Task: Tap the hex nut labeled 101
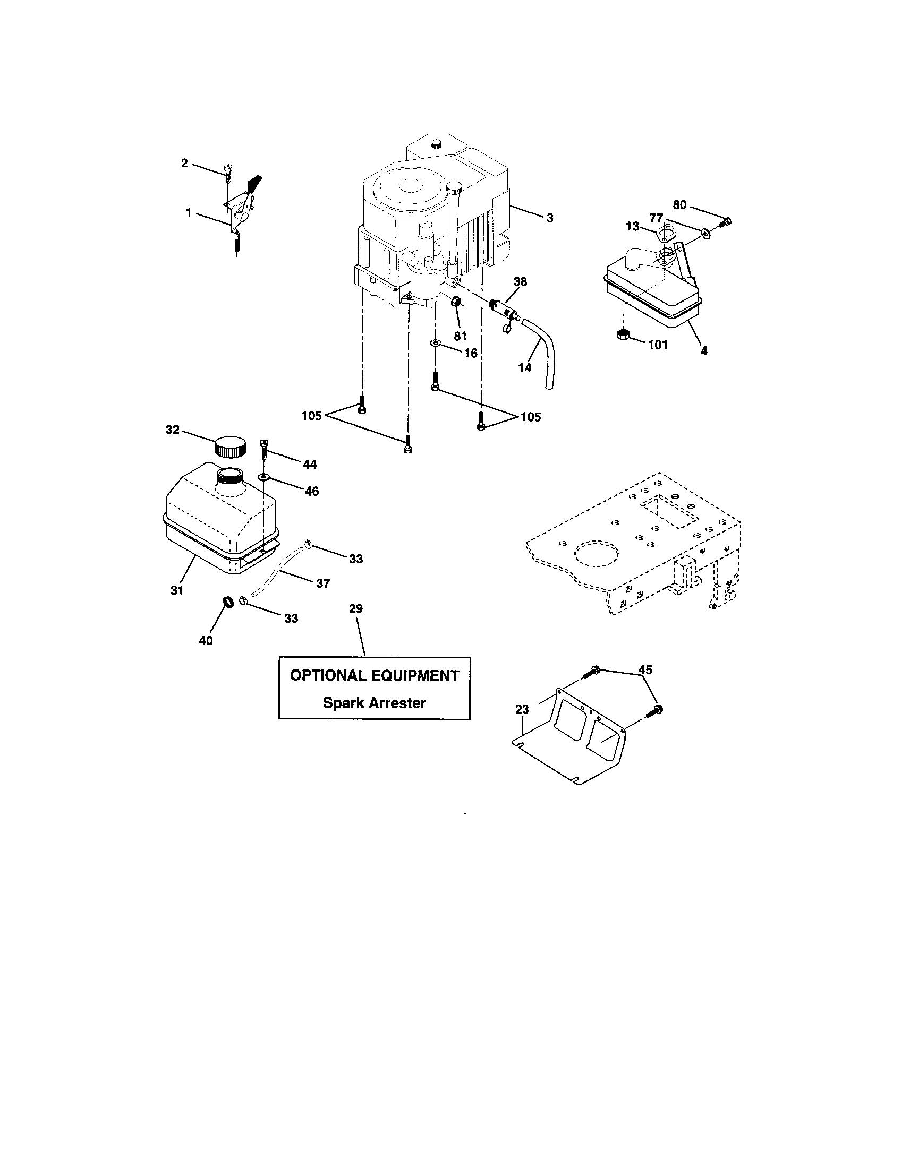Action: coord(622,336)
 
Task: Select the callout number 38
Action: coord(520,282)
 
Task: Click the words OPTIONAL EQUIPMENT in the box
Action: coord(374,675)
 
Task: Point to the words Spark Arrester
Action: coord(374,703)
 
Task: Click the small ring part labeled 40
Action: coord(228,602)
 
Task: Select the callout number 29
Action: coord(356,608)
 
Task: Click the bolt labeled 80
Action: coord(726,221)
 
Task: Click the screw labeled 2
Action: coord(227,170)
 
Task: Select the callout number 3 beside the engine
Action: coord(549,218)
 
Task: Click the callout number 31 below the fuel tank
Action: coord(177,590)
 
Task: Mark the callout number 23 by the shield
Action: coord(522,709)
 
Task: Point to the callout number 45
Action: coord(645,669)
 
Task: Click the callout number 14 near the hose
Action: coord(525,367)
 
